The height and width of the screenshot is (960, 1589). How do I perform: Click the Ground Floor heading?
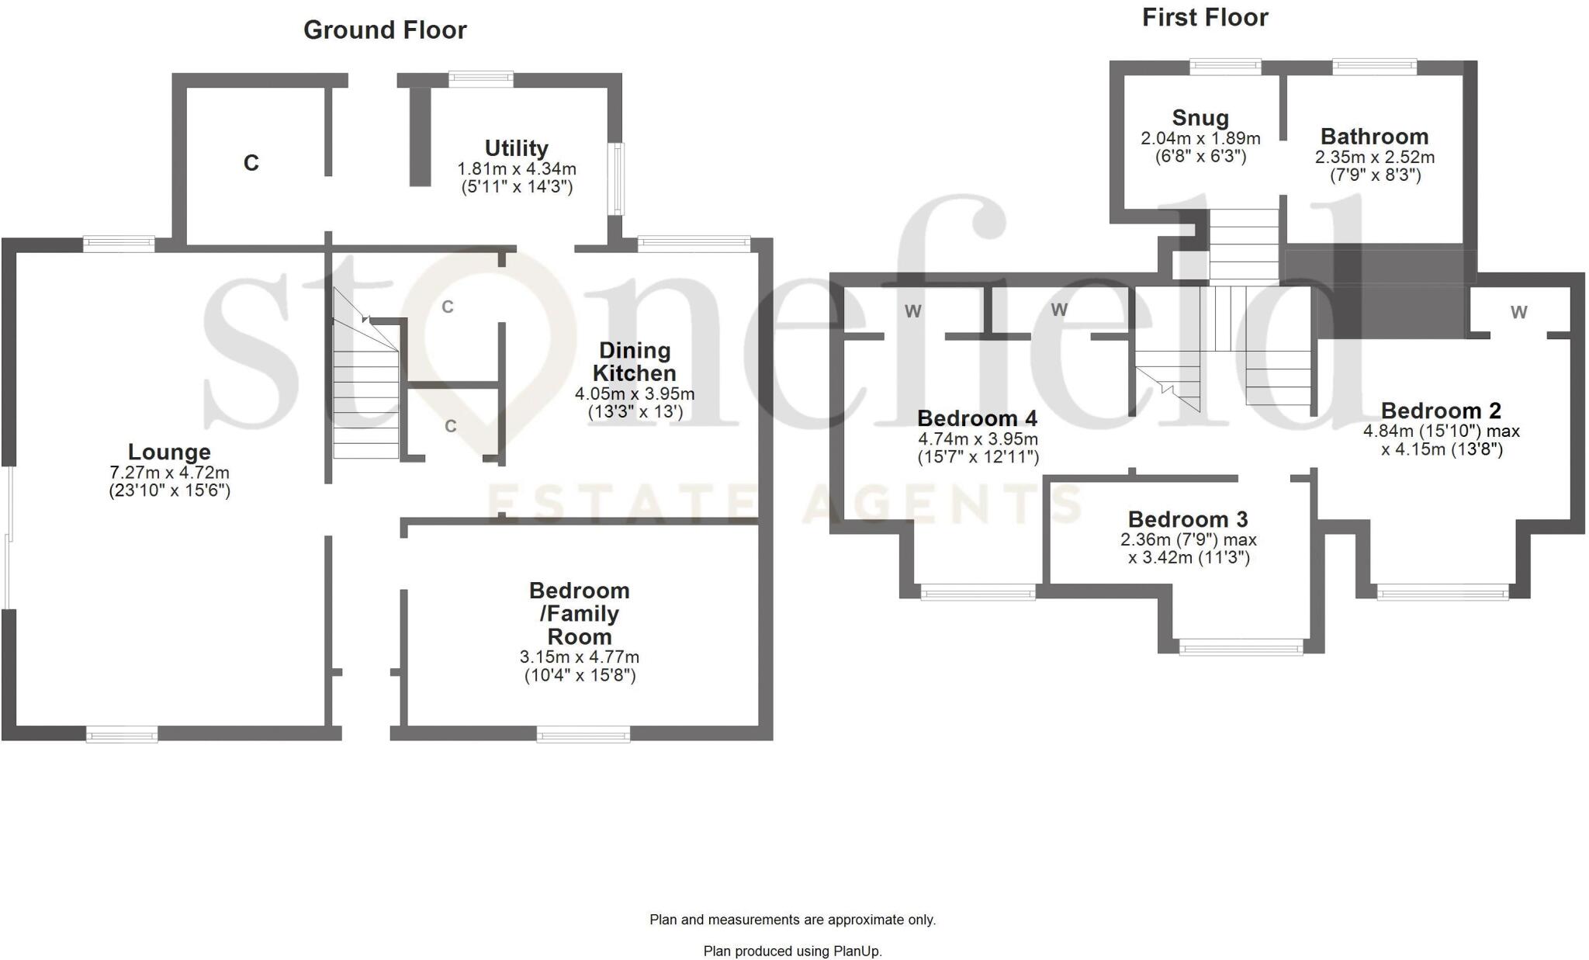385,30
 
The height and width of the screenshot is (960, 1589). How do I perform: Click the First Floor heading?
1204,18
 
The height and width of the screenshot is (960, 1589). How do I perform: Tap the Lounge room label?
169,452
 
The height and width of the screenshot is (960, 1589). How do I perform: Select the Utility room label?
516,148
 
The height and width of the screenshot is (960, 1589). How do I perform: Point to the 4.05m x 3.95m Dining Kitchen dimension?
635,394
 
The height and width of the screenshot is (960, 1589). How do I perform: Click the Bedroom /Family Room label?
579,613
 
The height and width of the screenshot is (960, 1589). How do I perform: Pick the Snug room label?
1200,118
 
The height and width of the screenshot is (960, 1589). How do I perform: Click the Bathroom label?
1374,137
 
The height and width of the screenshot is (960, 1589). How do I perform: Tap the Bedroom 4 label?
977,418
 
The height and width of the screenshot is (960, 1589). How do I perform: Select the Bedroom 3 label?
1187,519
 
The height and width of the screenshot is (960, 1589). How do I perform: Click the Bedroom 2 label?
1441,411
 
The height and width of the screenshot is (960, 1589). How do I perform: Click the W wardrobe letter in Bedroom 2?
1518,312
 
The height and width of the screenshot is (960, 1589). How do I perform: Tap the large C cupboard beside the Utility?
251,163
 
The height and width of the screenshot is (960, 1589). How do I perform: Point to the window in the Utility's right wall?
617,178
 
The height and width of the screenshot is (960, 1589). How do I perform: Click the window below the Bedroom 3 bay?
1241,646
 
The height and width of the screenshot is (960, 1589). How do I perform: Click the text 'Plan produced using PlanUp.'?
792,951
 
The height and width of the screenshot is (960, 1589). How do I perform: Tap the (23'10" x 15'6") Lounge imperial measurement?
169,490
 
